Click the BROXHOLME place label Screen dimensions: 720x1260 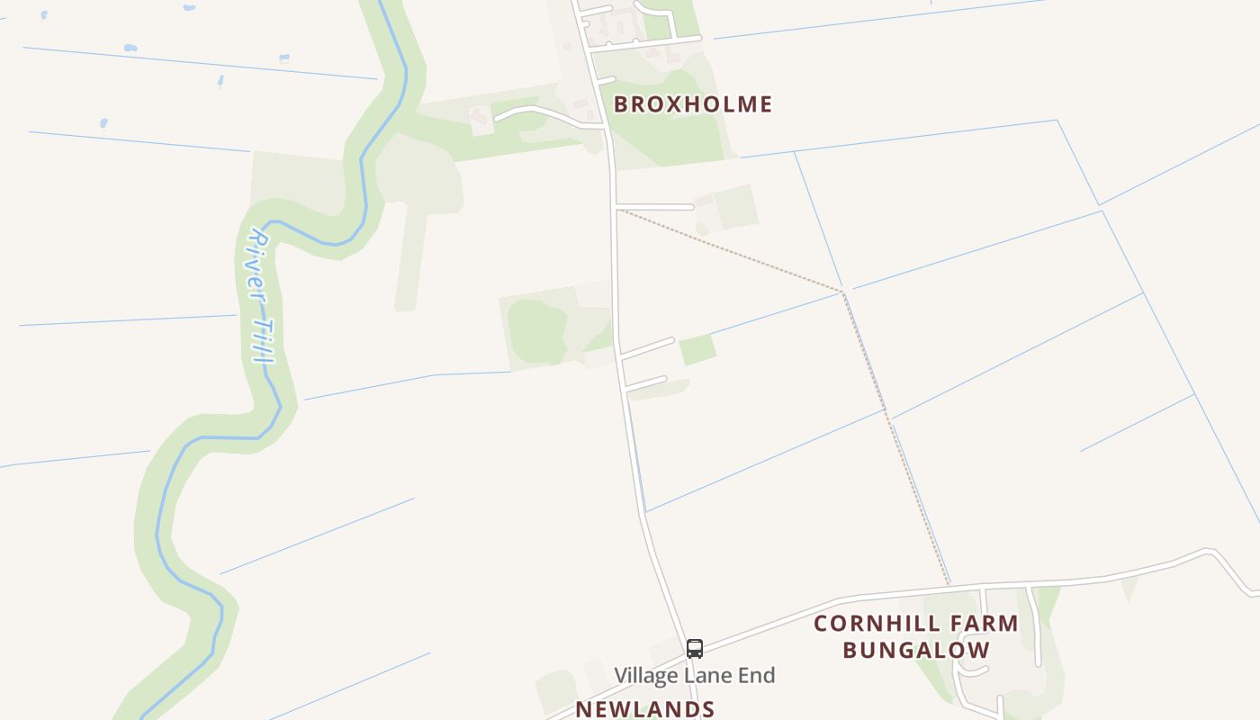tap(692, 104)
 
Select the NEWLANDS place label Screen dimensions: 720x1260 tap(644, 709)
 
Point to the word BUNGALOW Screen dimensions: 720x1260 tap(916, 650)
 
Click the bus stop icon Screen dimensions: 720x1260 tap(694, 648)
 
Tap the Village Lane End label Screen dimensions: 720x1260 tap(694, 675)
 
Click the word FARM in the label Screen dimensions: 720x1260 tap(985, 624)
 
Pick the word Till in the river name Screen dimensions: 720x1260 tap(263, 338)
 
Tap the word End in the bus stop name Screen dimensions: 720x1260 tap(757, 675)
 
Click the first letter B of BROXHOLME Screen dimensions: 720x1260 tap(621, 104)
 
